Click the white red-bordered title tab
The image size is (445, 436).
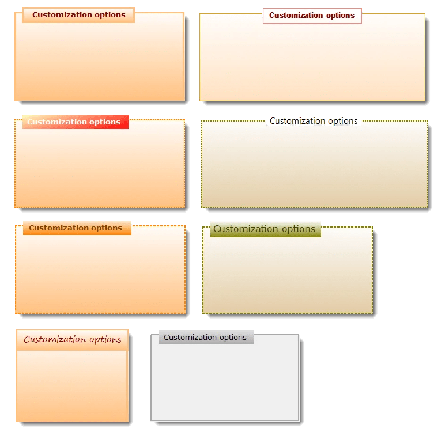click(x=312, y=16)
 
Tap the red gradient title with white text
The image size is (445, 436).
click(x=74, y=122)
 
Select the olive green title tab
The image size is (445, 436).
click(x=265, y=229)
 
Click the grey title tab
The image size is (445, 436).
click(x=206, y=338)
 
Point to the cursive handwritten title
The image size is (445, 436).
click(x=73, y=340)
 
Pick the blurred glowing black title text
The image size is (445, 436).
click(x=314, y=122)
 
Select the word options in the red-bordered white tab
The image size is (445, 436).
click(x=340, y=16)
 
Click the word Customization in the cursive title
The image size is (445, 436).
click(x=55, y=340)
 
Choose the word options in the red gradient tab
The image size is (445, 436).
click(x=105, y=122)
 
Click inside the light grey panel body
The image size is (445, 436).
click(x=225, y=383)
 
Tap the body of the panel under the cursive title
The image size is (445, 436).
click(x=72, y=386)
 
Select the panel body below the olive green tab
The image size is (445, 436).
click(x=288, y=276)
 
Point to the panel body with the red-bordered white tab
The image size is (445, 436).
click(x=312, y=63)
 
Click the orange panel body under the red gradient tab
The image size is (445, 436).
click(x=100, y=170)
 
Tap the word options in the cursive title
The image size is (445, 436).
click(x=105, y=340)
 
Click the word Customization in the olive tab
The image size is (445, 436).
click(x=246, y=229)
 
